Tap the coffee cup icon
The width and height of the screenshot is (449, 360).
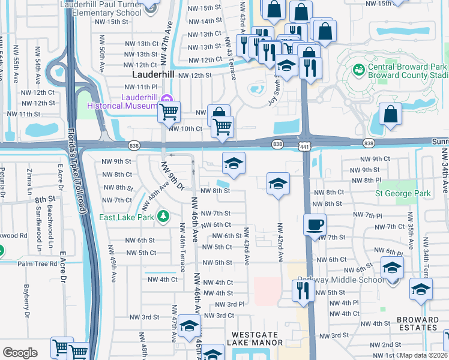[315, 226]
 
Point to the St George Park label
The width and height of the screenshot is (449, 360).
[403, 194]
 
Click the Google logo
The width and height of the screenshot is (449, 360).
[20, 353]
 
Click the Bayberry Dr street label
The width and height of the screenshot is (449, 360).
[27, 300]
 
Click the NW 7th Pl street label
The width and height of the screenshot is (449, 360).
[368, 215]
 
